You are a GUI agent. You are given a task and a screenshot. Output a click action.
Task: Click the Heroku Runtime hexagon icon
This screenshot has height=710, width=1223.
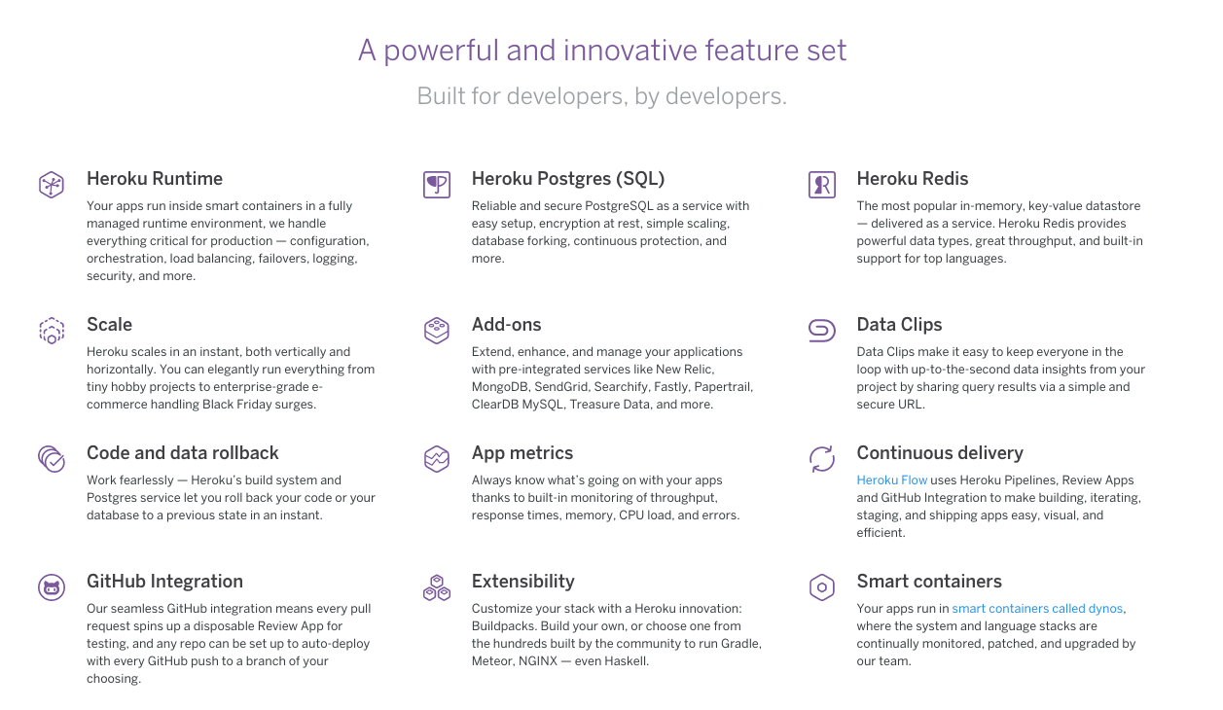point(52,185)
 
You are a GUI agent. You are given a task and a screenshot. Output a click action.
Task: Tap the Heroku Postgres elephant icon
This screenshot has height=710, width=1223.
point(437,185)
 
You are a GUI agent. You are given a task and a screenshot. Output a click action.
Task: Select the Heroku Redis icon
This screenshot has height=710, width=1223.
point(822,185)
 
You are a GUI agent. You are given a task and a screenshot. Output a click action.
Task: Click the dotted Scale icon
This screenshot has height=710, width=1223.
point(52,331)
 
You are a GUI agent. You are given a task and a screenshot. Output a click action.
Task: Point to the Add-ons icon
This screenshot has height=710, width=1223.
point(437,331)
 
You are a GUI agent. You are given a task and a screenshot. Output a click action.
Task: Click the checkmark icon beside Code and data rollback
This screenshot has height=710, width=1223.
point(52,459)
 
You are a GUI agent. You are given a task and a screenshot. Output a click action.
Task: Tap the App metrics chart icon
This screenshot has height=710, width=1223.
point(437,459)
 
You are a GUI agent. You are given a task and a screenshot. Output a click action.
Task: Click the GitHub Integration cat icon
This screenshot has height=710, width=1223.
point(52,587)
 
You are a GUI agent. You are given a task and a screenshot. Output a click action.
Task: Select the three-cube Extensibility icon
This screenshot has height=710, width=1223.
point(437,587)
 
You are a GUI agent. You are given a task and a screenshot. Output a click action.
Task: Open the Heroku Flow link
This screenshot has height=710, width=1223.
point(891,480)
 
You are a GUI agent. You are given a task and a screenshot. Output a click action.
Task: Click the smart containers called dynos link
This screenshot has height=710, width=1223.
point(1037,609)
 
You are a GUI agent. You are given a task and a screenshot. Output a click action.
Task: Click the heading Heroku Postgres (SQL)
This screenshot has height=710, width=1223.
point(568,178)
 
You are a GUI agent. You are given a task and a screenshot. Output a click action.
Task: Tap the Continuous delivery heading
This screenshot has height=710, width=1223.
point(940,453)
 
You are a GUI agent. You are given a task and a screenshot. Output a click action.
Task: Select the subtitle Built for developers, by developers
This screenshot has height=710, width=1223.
point(601,96)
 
